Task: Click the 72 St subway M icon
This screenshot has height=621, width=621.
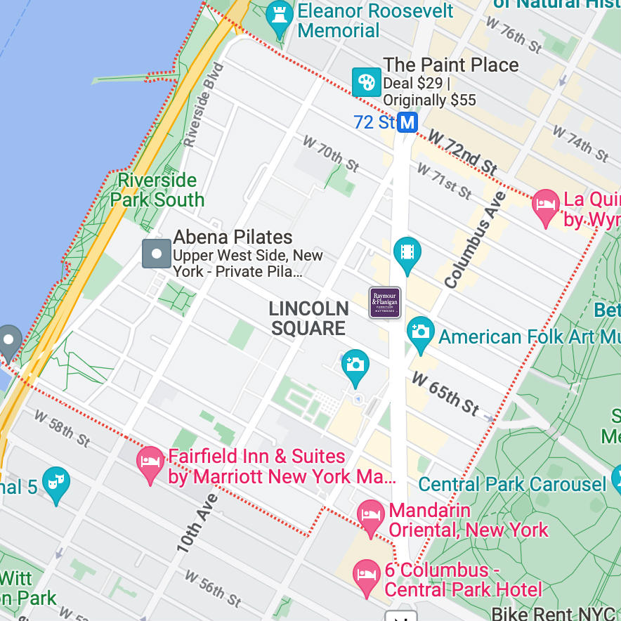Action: [407, 123]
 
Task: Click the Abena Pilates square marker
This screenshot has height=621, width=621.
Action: [157, 254]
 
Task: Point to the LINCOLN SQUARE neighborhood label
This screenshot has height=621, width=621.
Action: [308, 318]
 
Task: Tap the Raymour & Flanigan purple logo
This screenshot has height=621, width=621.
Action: [385, 303]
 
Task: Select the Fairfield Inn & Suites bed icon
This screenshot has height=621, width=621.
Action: [150, 462]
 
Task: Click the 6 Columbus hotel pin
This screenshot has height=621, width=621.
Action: [366, 575]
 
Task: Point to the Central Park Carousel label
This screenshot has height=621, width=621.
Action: [512, 484]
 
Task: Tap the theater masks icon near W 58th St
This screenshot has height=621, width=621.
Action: [55, 482]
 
